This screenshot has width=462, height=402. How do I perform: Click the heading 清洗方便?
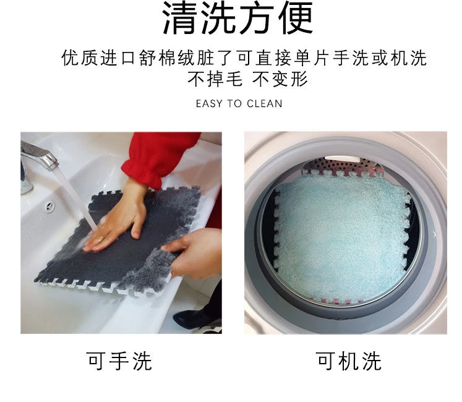tap(237, 19)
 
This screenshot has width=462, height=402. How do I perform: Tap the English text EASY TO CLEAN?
tap(239, 104)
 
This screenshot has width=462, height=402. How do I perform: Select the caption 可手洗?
tap(119, 361)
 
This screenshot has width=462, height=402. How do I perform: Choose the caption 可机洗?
tap(349, 361)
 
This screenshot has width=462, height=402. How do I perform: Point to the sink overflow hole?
tap(50, 207)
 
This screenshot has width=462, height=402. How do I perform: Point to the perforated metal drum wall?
tap(344, 166)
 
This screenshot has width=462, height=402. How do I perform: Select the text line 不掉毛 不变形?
tap(248, 79)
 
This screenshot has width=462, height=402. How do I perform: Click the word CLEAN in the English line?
tap(265, 104)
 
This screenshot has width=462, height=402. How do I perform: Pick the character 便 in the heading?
tap(296, 19)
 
